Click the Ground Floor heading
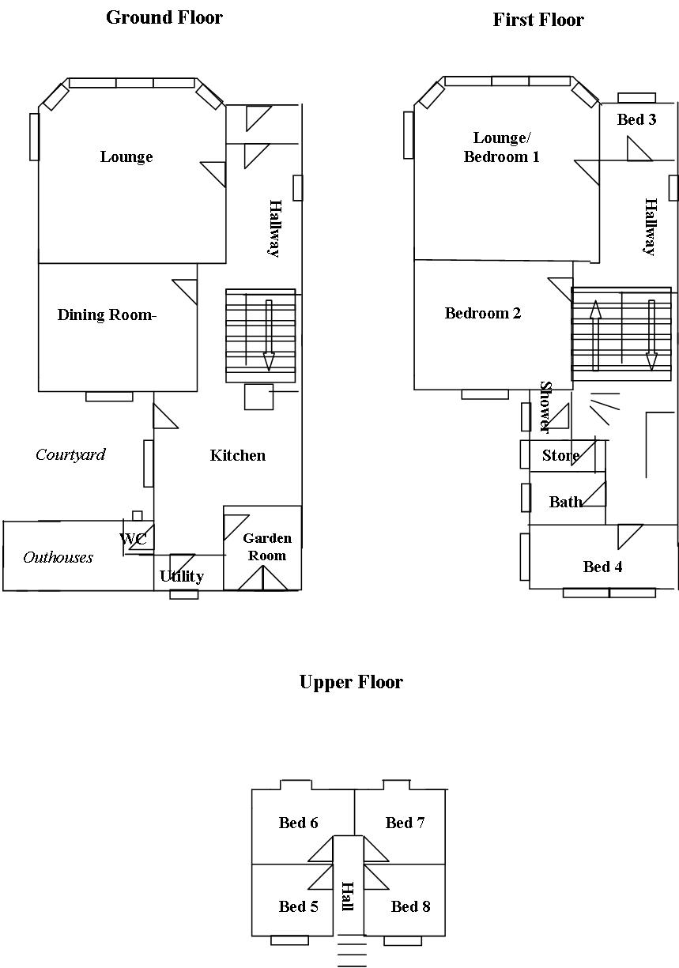click(164, 17)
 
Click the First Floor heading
click(538, 20)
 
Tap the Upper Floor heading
click(351, 682)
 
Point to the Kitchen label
click(237, 455)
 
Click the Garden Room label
click(267, 547)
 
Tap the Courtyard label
click(70, 454)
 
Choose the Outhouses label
click(58, 557)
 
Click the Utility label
click(182, 576)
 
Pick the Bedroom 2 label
click(483, 313)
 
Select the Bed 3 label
click(636, 119)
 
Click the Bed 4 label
click(602, 567)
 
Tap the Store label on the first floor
click(560, 456)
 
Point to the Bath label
click(565, 502)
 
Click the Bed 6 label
click(299, 823)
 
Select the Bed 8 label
click(411, 906)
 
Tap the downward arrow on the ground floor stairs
click(269, 335)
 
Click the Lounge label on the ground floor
click(126, 156)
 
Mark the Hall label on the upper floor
click(347, 896)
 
